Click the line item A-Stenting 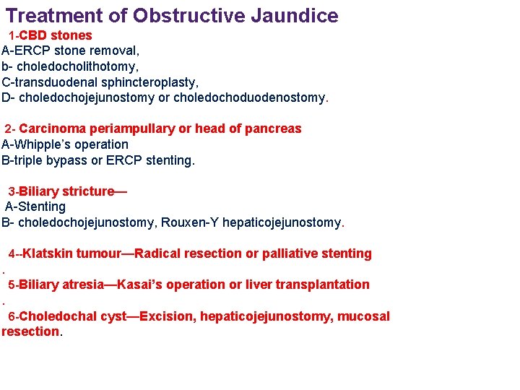35,207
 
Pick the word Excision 165,316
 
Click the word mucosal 362,316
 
